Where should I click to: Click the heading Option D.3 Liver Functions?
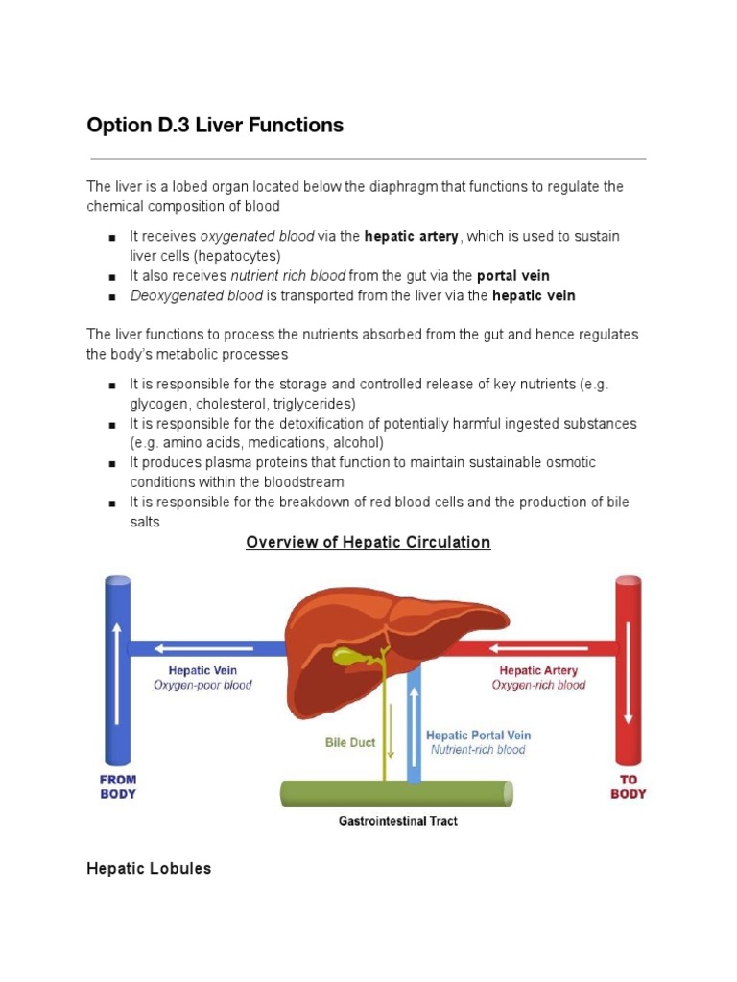(x=215, y=125)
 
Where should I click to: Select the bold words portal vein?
(x=513, y=276)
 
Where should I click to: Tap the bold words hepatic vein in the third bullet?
(x=534, y=295)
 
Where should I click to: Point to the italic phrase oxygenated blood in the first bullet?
(x=257, y=237)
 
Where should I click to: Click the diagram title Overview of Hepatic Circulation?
(x=368, y=542)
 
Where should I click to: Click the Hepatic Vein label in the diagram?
(x=202, y=670)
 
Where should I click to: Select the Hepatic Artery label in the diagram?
(x=538, y=670)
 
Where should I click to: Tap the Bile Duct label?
(x=349, y=742)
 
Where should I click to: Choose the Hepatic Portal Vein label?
(x=478, y=735)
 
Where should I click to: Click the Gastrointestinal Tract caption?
(x=397, y=821)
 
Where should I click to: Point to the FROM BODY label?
(x=118, y=787)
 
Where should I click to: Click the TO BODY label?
(x=629, y=787)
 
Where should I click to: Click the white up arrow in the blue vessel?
(x=118, y=671)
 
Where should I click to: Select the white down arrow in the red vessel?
(x=629, y=671)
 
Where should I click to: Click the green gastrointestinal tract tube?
(x=396, y=794)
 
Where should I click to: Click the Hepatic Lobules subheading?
(x=149, y=868)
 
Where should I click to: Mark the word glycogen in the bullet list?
(x=157, y=404)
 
